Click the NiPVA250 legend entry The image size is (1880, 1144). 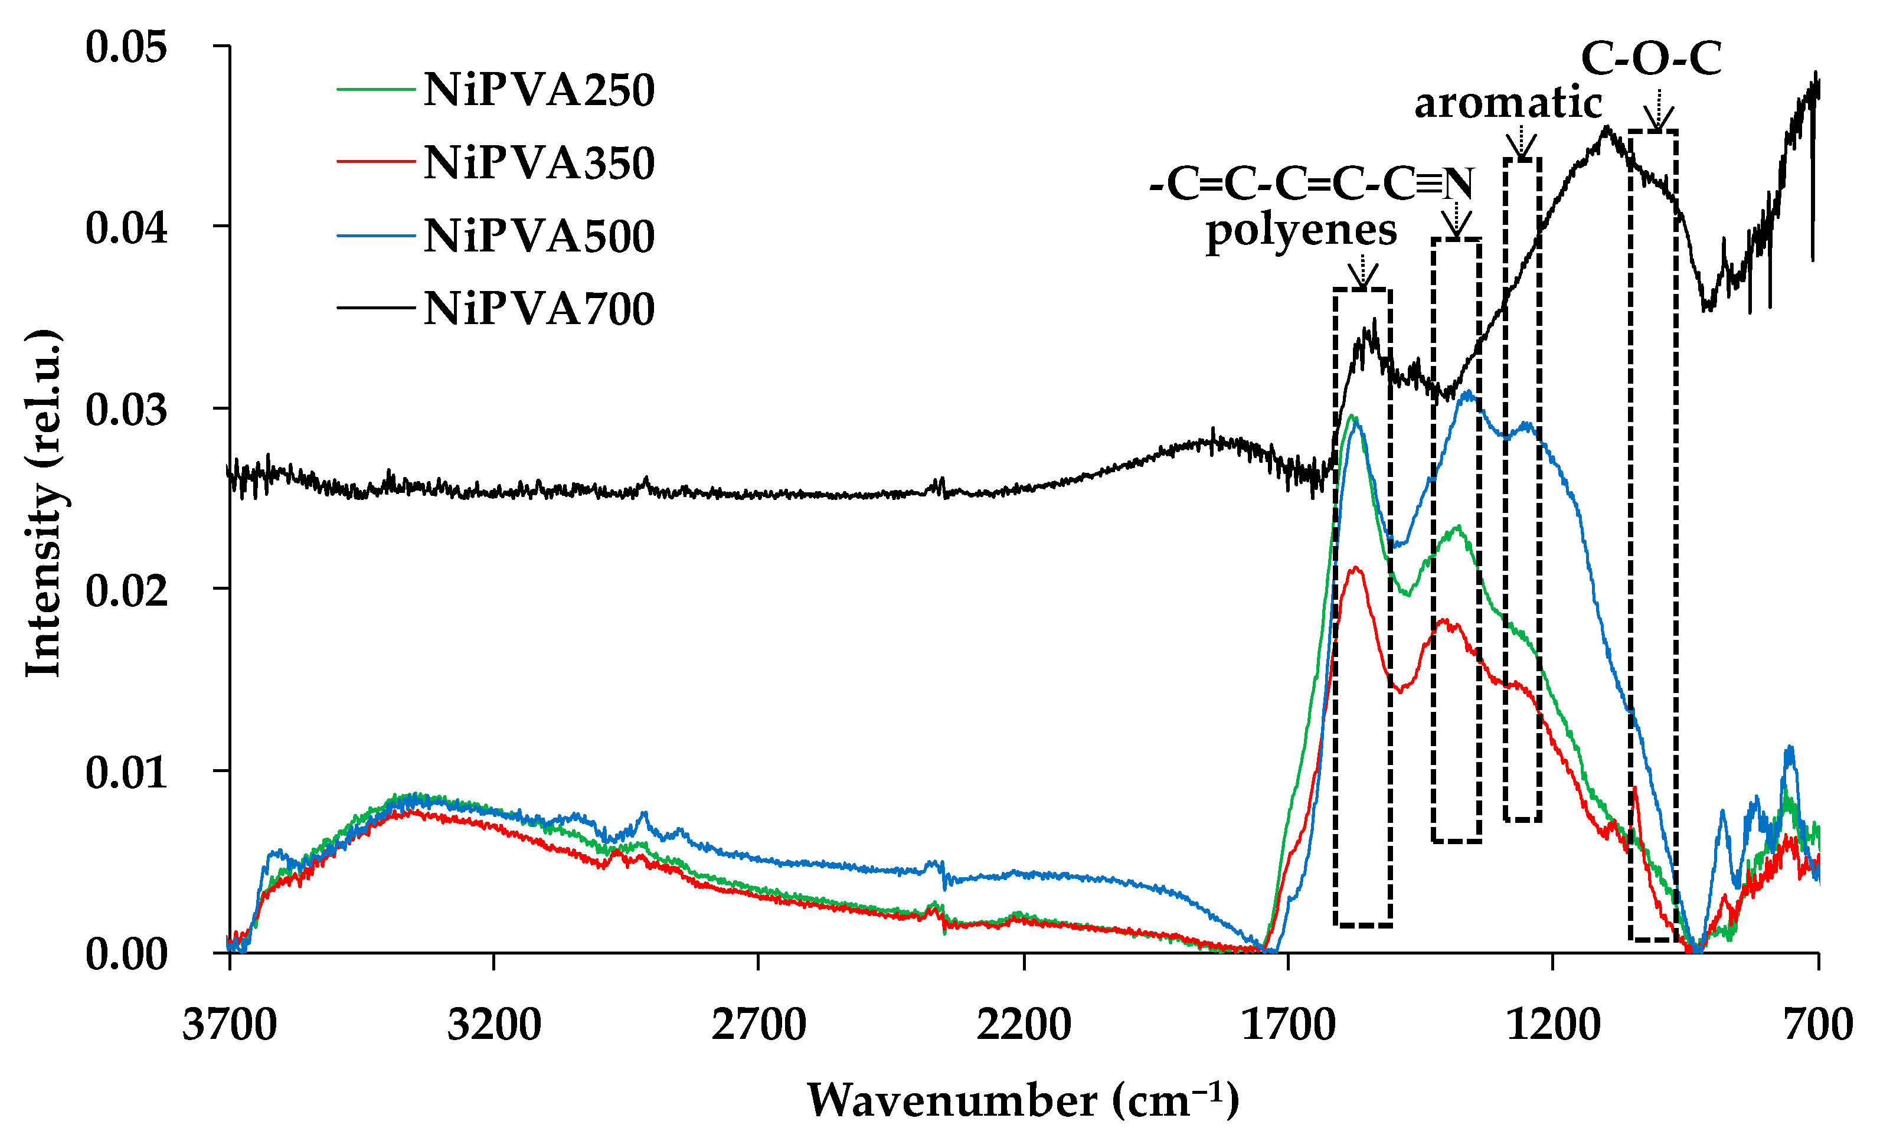[x=539, y=90]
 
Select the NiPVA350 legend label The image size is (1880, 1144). [x=539, y=162]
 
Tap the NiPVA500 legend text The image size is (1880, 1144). [x=539, y=236]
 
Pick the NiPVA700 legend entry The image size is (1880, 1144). [x=539, y=309]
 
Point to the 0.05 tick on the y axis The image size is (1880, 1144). [x=126, y=47]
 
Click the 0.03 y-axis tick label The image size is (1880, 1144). [x=126, y=409]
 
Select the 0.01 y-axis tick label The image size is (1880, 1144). [x=126, y=772]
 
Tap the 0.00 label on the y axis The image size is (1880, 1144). [x=126, y=954]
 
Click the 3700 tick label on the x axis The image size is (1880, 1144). [x=230, y=1024]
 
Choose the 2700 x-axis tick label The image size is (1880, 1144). [x=758, y=1024]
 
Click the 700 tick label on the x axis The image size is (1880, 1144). [x=1818, y=1024]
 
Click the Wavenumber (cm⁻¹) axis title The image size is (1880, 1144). [x=1023, y=1100]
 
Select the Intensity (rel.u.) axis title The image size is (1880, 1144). [x=44, y=504]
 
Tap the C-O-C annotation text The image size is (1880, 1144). [x=1651, y=59]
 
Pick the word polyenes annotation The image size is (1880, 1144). [x=1301, y=231]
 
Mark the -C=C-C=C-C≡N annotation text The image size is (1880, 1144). [x=1312, y=184]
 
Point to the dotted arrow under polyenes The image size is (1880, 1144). [x=1363, y=271]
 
